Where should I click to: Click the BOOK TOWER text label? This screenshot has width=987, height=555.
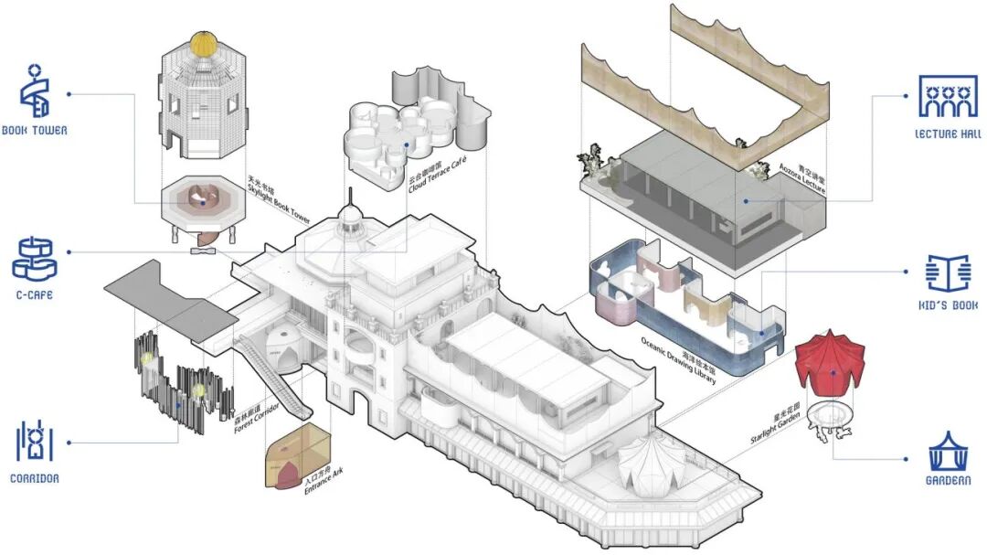pos(34,131)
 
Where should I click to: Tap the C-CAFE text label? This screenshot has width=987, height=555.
pos(32,295)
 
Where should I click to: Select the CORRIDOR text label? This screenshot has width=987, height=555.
pos(35,477)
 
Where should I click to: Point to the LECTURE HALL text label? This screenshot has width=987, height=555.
pos(949,134)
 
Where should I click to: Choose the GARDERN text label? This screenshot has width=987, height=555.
pos(948,480)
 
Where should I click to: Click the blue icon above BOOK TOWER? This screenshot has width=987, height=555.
pos(34,91)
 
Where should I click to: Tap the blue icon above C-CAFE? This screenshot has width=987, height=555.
pos(34,259)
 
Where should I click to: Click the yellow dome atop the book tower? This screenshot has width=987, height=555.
pos(203,43)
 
